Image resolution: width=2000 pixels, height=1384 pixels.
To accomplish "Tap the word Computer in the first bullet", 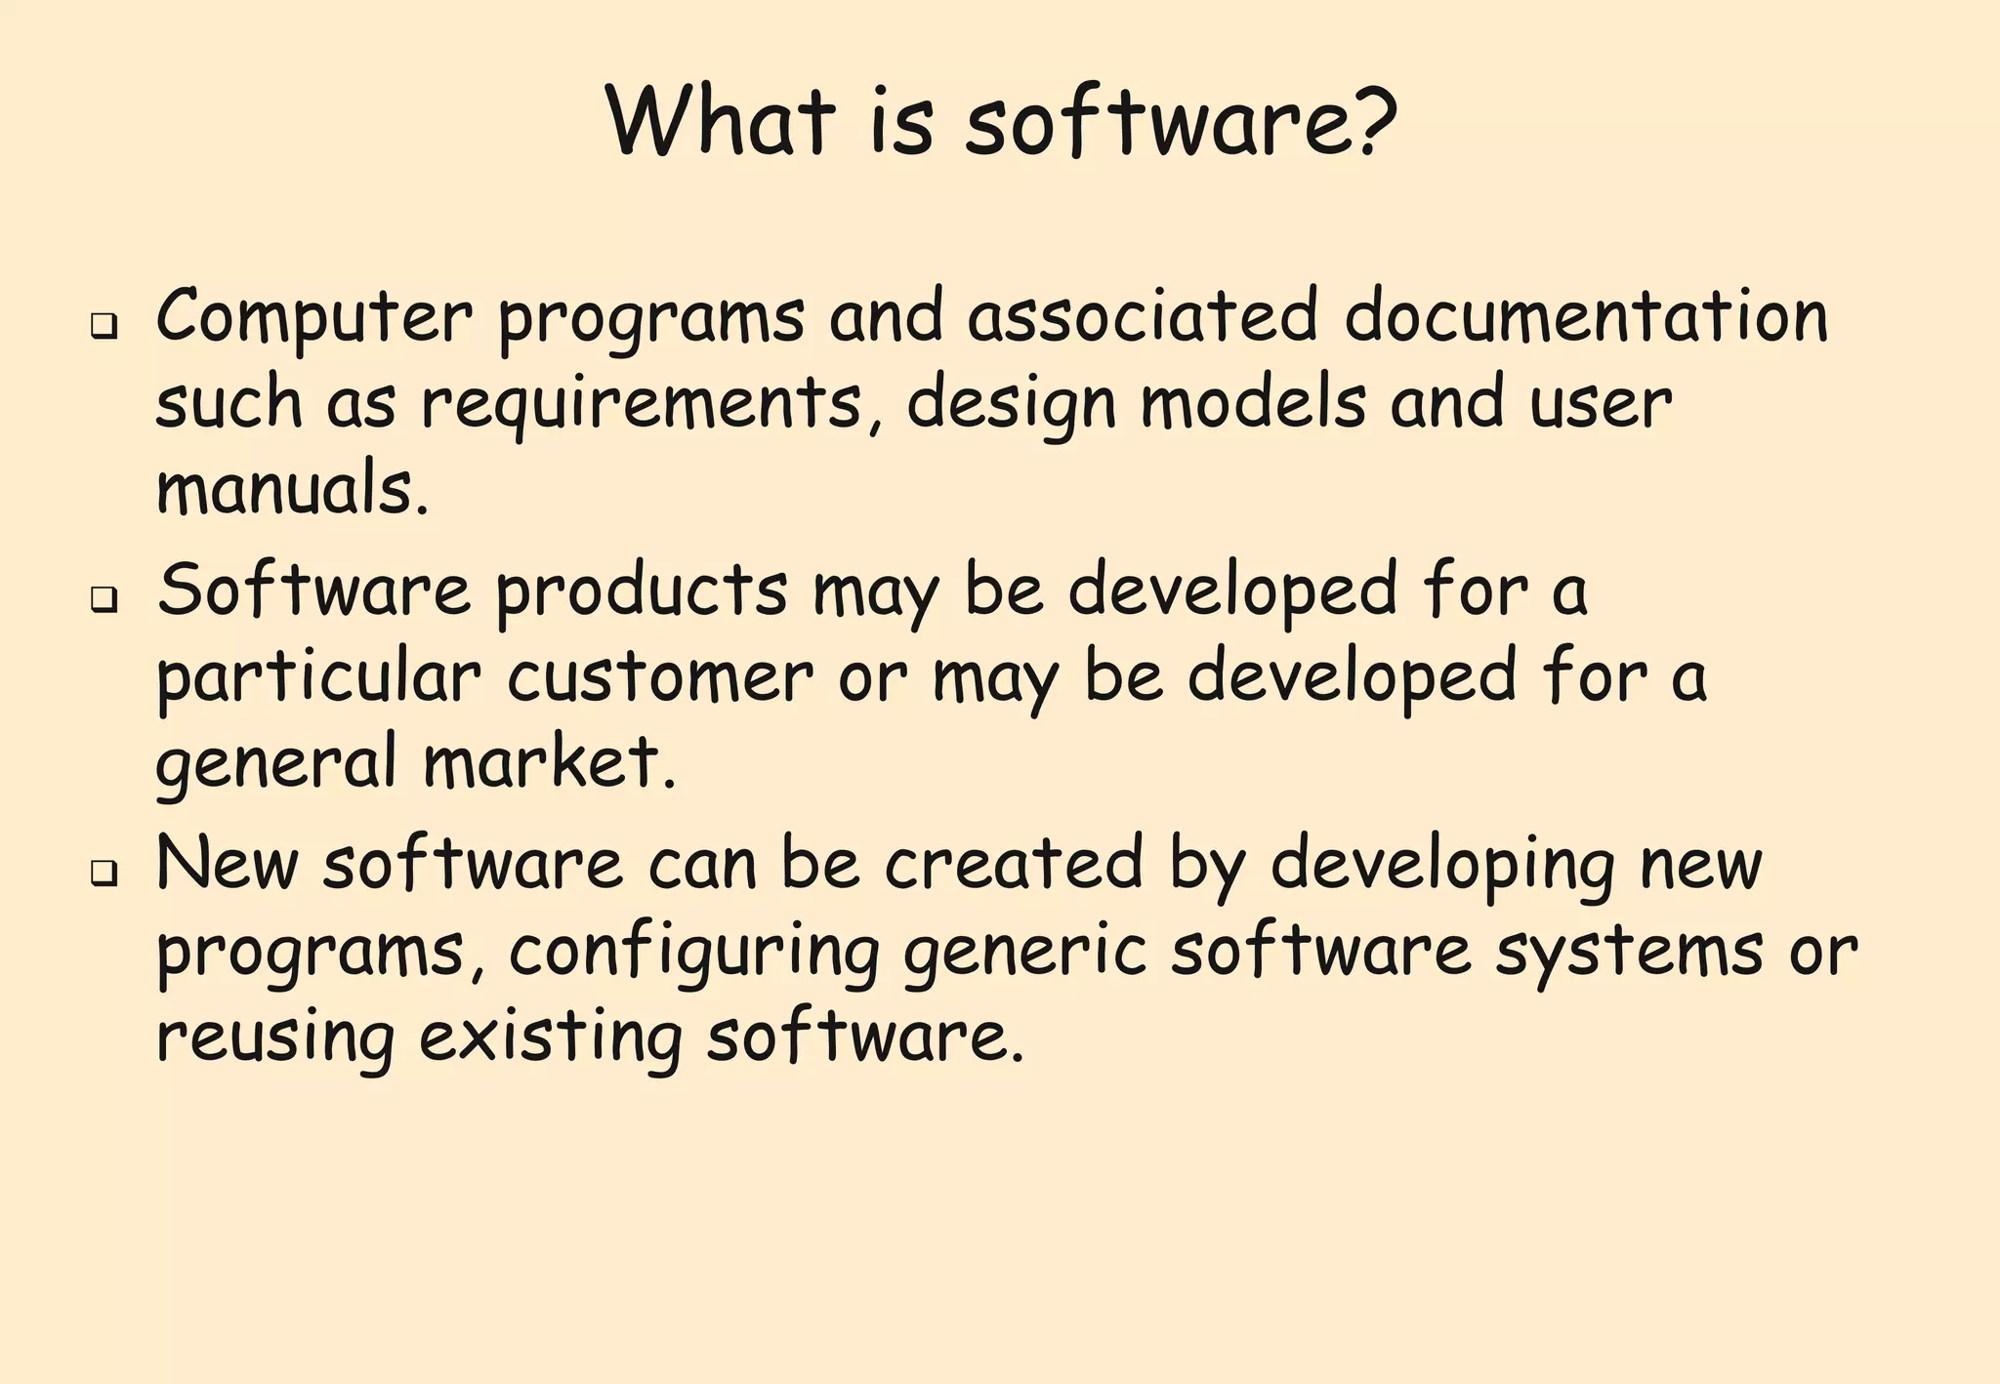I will click(313, 318).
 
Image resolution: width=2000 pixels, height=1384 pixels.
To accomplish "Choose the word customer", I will click(660, 676).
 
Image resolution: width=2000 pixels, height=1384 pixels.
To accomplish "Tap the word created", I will click(1014, 863).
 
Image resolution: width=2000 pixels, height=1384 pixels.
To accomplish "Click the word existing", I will click(551, 1038).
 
